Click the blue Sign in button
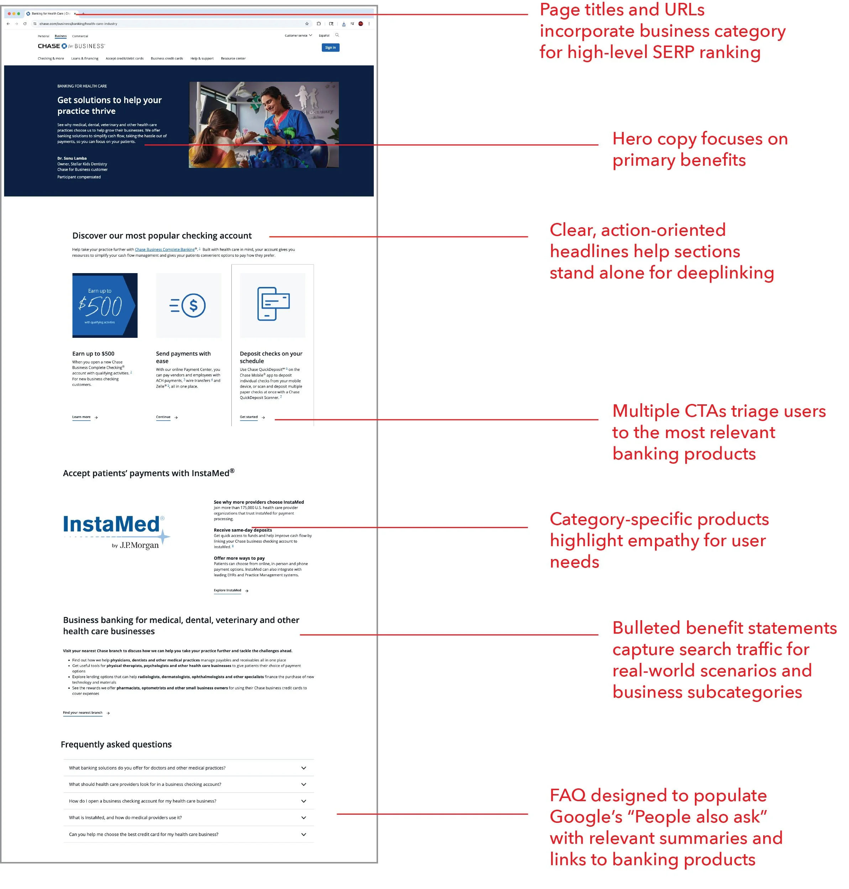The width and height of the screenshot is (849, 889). (x=330, y=48)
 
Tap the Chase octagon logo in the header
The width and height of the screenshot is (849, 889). (x=64, y=46)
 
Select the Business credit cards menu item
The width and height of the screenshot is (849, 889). (x=167, y=58)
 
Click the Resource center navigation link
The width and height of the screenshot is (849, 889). (x=233, y=58)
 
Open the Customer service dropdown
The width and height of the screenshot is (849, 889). (x=298, y=35)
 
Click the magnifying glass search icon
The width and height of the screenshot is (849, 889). (x=337, y=35)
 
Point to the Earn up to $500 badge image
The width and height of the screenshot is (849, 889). (x=105, y=305)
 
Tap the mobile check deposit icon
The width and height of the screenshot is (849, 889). (x=273, y=304)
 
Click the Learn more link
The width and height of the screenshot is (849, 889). (x=82, y=417)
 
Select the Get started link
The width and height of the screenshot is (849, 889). (x=248, y=417)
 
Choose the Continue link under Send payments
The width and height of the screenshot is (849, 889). (x=163, y=417)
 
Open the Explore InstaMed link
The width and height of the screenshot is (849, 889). (x=227, y=590)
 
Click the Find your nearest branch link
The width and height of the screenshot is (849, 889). (x=83, y=713)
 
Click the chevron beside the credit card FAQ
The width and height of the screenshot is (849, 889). (x=304, y=834)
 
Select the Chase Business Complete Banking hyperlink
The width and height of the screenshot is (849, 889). (x=165, y=250)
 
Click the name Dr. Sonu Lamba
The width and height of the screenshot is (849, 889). (x=72, y=158)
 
